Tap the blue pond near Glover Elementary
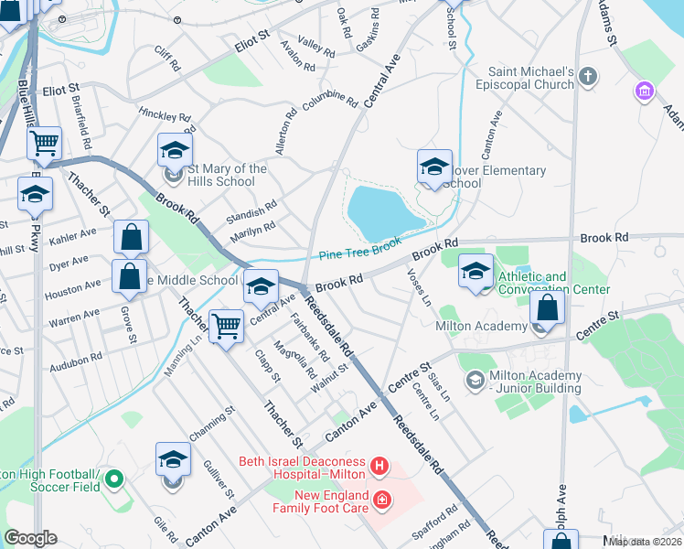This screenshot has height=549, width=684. coord(384,211)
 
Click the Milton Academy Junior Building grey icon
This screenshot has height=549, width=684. coord(475,379)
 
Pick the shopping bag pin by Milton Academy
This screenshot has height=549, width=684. coord(547,308)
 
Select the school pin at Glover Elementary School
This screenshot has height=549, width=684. coord(435,167)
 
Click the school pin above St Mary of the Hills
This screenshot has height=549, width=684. coord(175,150)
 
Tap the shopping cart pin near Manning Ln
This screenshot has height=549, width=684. coord(226,325)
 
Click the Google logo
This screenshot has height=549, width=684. coord(30,538)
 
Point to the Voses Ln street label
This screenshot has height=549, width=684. coord(420,286)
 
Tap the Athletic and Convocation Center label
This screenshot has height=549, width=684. coord(552,283)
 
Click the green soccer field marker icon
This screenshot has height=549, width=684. coord(114,478)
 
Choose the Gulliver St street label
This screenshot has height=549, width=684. coord(222,479)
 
